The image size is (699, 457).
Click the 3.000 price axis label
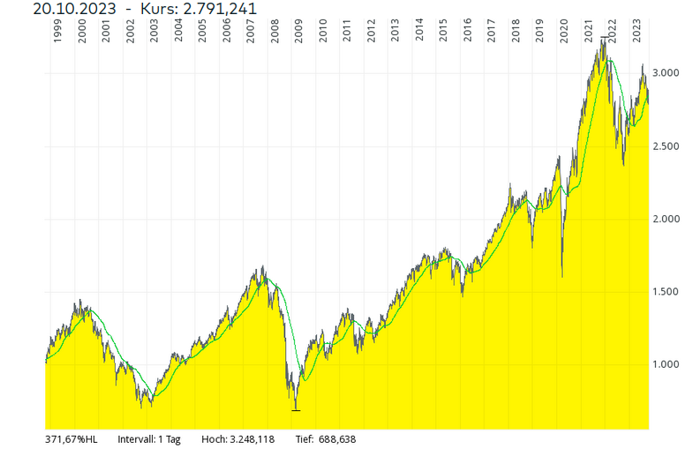click(670, 73)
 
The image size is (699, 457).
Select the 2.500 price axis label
click(670, 146)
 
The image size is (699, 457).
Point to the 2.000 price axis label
click(670, 220)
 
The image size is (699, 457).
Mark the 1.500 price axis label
click(670, 292)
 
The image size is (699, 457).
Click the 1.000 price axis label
click(670, 365)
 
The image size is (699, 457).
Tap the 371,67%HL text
click(71, 438)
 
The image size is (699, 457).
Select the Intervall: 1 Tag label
click(149, 438)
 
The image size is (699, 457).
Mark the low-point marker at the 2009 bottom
click(296, 410)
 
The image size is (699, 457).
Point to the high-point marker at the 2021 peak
click(604, 38)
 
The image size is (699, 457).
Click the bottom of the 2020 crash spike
click(562, 276)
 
